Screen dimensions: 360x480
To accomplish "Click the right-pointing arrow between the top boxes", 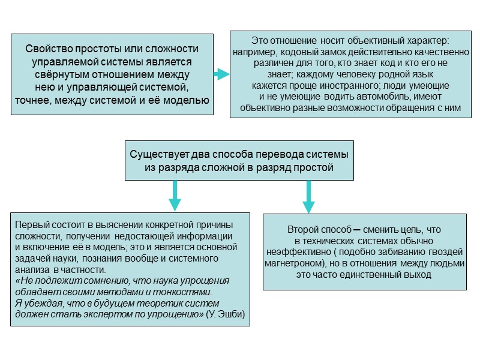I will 221,74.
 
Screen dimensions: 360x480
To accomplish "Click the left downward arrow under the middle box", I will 175,196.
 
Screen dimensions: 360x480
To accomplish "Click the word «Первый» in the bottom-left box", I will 28,224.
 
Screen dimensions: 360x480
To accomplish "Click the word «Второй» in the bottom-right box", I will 302,229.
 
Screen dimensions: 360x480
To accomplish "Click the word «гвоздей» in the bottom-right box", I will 449,252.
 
